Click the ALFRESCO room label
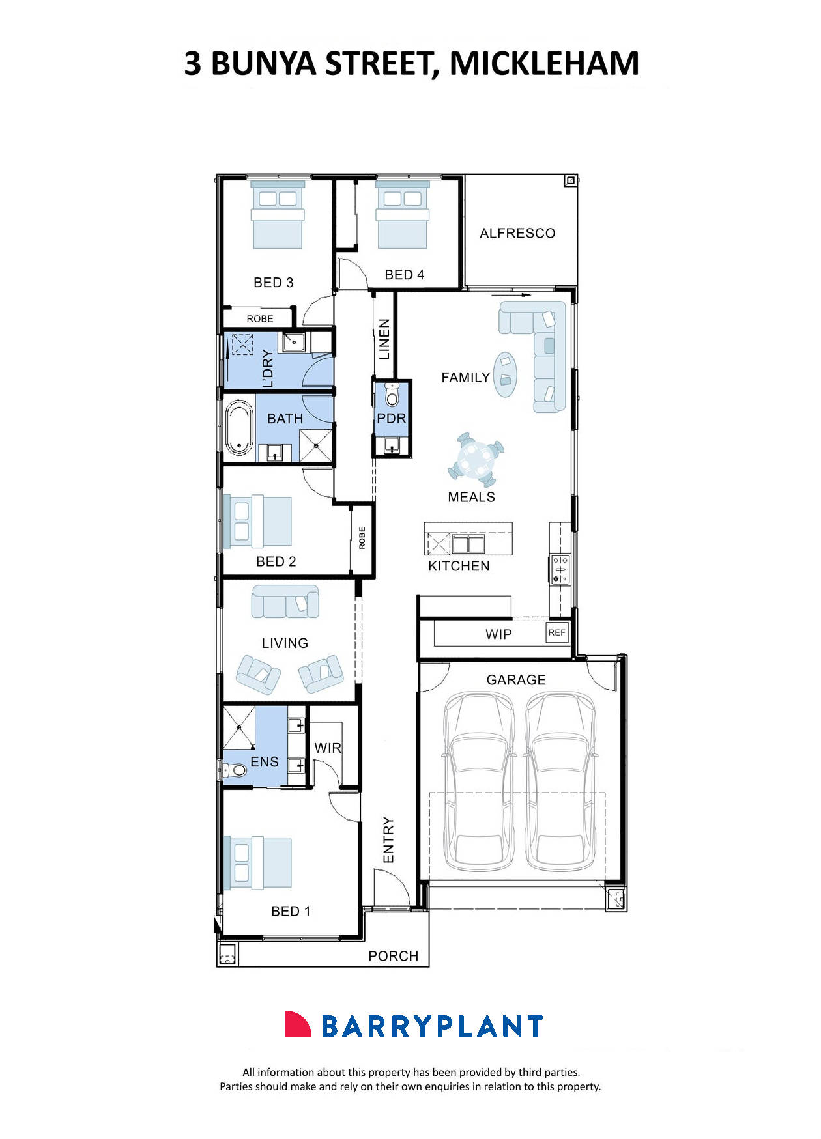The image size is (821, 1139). (x=517, y=233)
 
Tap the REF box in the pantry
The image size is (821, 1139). (x=556, y=632)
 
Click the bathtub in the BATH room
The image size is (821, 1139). (x=239, y=427)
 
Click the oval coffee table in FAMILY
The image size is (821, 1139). (x=505, y=374)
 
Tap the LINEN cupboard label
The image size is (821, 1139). (x=384, y=339)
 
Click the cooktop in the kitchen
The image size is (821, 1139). (x=560, y=569)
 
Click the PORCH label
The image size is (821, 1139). (x=393, y=956)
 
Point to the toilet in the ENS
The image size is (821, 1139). (x=236, y=770)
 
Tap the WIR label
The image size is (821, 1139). (x=328, y=748)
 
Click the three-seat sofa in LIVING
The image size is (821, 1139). (x=285, y=602)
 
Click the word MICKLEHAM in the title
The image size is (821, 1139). (x=544, y=63)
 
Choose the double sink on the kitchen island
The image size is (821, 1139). (x=468, y=543)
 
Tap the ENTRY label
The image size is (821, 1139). (x=388, y=840)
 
